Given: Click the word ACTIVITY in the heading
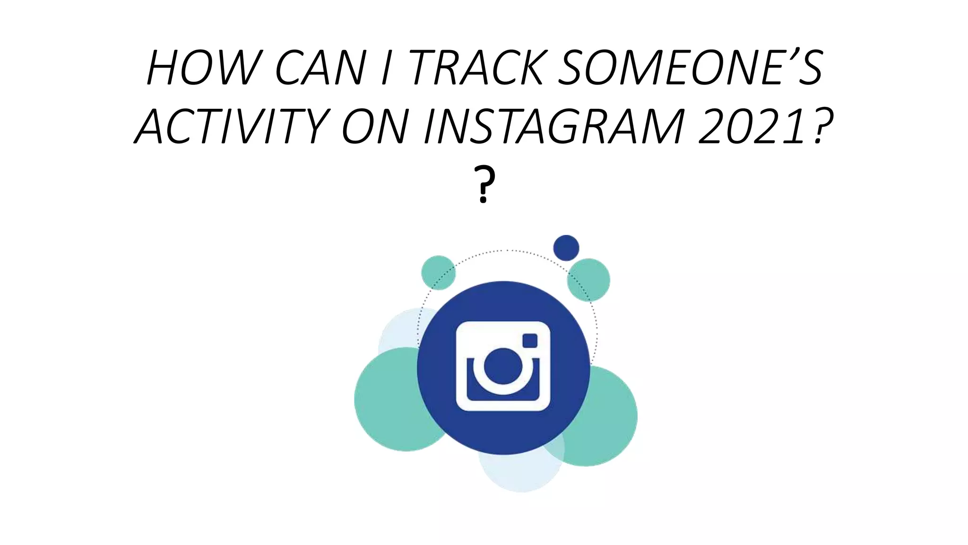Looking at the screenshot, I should click(232, 126).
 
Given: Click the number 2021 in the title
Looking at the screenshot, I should click(752, 126).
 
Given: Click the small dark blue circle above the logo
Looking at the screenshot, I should click(566, 247).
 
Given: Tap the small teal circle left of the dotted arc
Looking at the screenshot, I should click(437, 272).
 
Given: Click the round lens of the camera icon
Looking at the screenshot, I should click(503, 366).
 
